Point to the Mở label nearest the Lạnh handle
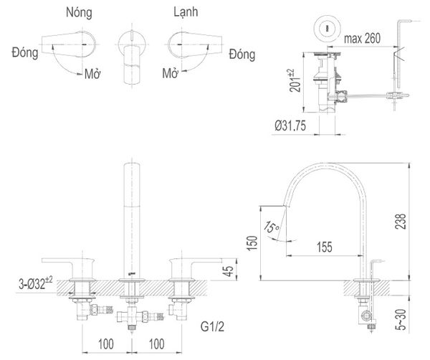point(170,73)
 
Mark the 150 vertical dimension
point(249,244)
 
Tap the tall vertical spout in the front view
point(132,215)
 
